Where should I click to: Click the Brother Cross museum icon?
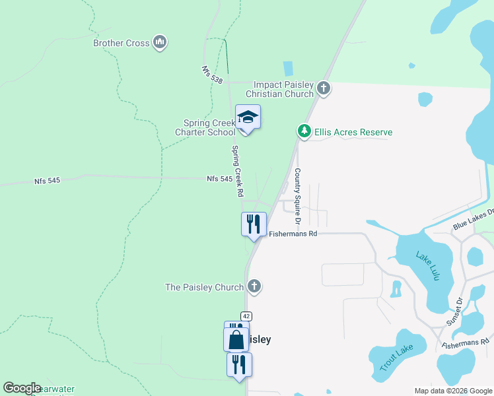159,43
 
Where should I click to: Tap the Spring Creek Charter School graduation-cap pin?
248,117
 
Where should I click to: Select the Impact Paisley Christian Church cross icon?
323,87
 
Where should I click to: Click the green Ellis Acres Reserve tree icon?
304,131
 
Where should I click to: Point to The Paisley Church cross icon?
254,286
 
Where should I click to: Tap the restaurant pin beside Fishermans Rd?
254,224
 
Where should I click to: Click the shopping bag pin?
236,341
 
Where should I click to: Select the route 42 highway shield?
246,317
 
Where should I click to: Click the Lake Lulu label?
427,266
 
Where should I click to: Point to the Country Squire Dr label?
298,194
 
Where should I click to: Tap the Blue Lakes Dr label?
473,220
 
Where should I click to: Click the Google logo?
22,388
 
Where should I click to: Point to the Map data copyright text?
452,391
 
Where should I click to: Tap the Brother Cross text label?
122,44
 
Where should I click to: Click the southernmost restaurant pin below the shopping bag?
239,364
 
